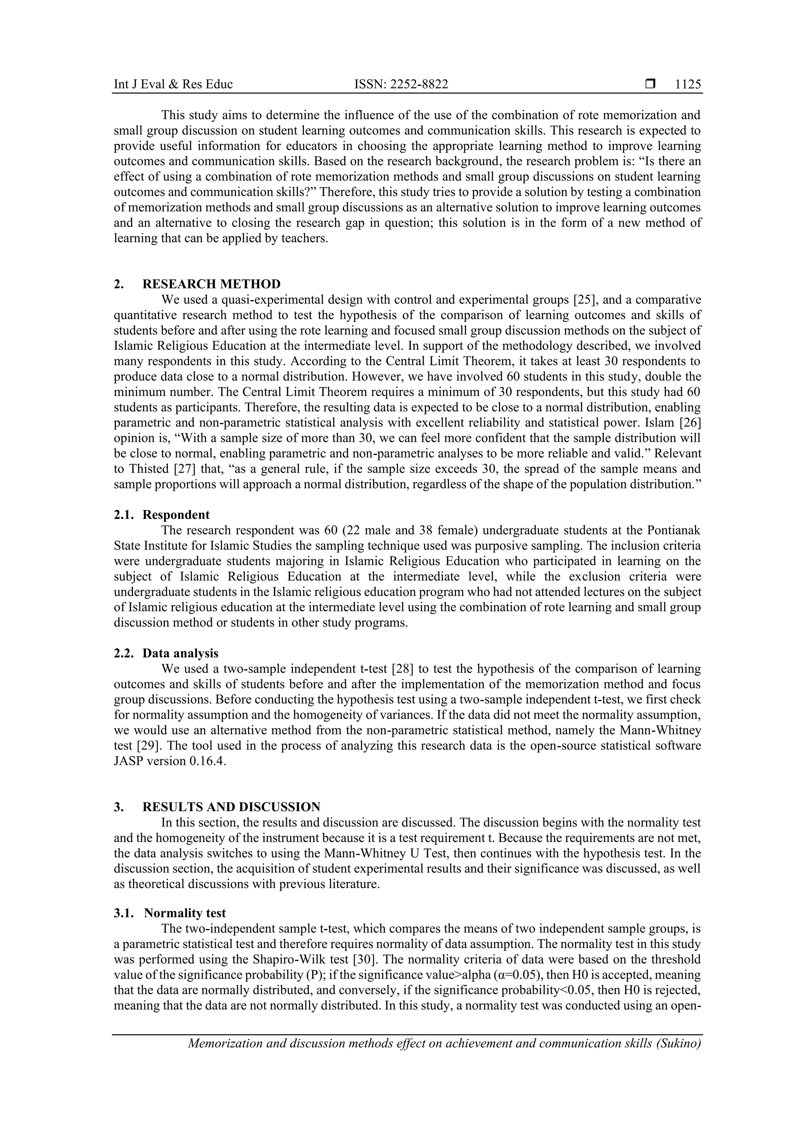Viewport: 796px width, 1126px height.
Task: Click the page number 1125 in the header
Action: tap(688, 84)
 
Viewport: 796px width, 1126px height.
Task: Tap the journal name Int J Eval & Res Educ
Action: tap(173, 84)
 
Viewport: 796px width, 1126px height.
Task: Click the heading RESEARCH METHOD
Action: tap(211, 284)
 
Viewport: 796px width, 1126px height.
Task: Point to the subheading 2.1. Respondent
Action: tap(162, 515)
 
